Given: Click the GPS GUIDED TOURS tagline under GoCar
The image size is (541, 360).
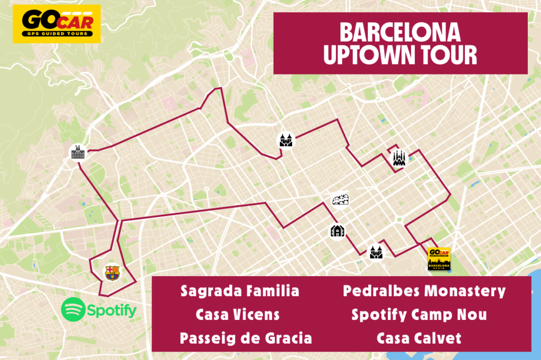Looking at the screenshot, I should click(x=56, y=33).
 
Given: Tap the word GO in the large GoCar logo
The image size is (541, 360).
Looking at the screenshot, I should click(x=36, y=21).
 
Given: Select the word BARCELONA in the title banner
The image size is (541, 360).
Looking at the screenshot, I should click(x=400, y=33).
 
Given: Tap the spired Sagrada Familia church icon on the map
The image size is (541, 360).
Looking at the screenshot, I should click(x=398, y=158).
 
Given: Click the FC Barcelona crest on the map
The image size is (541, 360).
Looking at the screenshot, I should click(x=112, y=272).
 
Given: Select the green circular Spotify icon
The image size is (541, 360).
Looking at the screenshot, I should click(x=73, y=310).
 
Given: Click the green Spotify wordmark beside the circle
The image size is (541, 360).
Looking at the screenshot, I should click(x=112, y=311).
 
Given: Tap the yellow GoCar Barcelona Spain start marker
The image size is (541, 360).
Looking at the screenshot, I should click(x=439, y=259).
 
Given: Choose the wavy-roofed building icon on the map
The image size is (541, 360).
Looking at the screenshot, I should click(x=341, y=200).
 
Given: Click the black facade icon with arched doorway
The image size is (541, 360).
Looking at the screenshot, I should click(x=337, y=231).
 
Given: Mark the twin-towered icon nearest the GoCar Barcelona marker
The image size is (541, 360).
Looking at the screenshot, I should click(x=376, y=252).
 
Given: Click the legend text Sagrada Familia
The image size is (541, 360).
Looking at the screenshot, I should click(x=239, y=291).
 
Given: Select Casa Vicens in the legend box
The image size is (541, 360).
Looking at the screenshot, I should click(x=237, y=315).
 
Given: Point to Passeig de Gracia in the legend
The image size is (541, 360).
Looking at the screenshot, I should click(x=246, y=338).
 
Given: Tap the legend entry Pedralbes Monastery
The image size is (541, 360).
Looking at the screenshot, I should click(x=424, y=291).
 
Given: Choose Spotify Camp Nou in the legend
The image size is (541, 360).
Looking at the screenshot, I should click(x=419, y=315).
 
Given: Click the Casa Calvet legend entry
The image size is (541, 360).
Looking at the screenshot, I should click(x=419, y=338).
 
